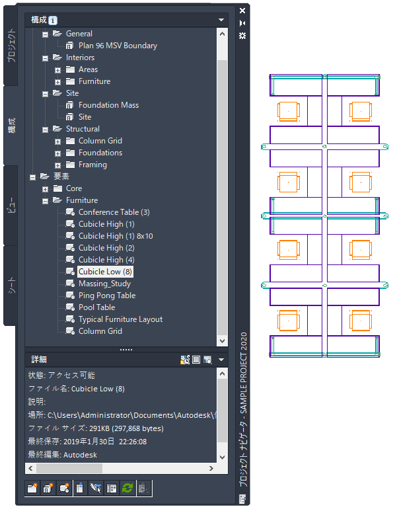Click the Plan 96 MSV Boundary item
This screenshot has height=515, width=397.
pos(118,46)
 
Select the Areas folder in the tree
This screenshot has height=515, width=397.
pos(88,69)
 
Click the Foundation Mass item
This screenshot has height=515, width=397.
pos(108,105)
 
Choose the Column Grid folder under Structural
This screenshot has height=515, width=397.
pos(100,141)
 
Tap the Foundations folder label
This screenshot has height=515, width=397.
pos(100,153)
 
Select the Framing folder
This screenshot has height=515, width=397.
pos(92,165)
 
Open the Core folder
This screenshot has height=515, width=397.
pos(73,188)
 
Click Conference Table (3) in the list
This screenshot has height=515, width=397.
pos(114,212)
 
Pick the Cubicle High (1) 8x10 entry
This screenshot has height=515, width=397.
pos(116,236)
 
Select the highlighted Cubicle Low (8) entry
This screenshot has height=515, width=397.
pos(106,272)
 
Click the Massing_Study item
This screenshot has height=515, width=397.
pos(104,284)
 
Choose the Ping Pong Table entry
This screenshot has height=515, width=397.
pos(106,296)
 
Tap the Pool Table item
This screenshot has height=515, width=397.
pos(96,307)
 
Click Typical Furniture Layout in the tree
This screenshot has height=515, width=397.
pos(120,319)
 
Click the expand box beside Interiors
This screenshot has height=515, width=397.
pos(45,58)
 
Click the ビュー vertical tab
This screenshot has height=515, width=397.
pos(11,205)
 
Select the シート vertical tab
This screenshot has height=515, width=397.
pos(11,286)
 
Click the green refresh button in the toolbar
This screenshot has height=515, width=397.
pos(126,488)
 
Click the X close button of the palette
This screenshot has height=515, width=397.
pos(242,11)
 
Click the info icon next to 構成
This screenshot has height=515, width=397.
pos(53,20)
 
